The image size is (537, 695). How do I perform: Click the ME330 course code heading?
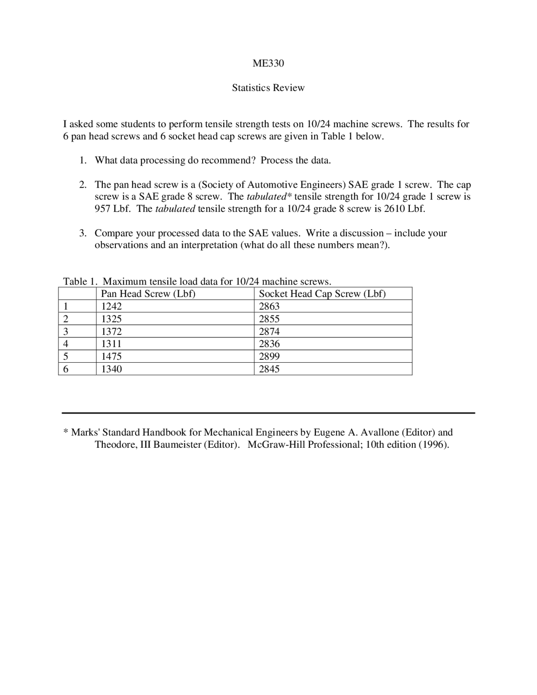click(268, 63)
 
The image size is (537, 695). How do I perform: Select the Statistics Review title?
click(268, 88)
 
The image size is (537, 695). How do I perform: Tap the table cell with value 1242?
click(112, 306)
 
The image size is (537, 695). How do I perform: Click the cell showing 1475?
click(112, 356)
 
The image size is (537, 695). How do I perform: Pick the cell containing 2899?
click(269, 356)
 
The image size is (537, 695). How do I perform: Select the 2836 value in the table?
click(269, 344)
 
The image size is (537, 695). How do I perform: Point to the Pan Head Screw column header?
click(148, 294)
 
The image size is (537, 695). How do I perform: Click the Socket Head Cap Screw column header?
click(322, 294)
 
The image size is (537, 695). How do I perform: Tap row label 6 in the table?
click(65, 369)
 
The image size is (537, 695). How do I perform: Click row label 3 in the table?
click(65, 332)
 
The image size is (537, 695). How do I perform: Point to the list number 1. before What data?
click(83, 160)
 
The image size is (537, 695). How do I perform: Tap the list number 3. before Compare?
click(83, 233)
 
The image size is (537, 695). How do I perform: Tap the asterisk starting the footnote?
click(65, 432)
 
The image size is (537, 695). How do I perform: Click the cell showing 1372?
click(112, 332)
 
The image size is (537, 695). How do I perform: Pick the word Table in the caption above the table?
click(74, 282)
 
